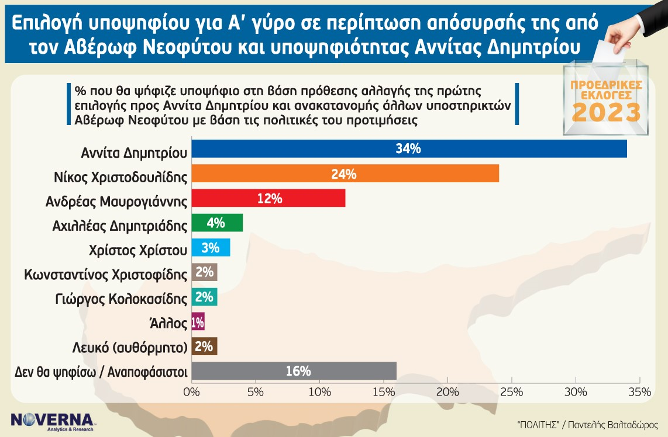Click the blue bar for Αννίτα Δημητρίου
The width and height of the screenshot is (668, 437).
click(x=409, y=148)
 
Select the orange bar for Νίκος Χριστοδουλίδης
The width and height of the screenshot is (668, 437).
click(x=345, y=174)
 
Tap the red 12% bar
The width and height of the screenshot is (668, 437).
click(x=268, y=198)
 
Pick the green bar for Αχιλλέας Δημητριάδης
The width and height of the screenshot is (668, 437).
click(x=217, y=223)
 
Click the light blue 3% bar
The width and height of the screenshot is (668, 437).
click(x=211, y=248)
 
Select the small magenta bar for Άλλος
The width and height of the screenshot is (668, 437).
click(x=198, y=322)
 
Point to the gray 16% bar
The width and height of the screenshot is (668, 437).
click(x=294, y=371)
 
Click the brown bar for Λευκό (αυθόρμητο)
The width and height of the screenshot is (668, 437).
click(x=205, y=346)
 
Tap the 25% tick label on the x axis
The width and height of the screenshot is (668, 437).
click(x=512, y=392)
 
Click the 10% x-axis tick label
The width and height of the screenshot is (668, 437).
click(x=319, y=392)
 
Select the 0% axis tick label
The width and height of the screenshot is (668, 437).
click(x=191, y=392)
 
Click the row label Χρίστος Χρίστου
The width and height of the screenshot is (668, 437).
click(x=137, y=250)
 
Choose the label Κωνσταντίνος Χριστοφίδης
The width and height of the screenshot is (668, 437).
click(x=106, y=275)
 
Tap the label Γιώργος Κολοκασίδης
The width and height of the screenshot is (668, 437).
click(x=122, y=299)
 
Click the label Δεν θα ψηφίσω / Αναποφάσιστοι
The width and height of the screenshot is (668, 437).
click(x=101, y=372)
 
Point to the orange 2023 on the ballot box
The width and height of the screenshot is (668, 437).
click(x=606, y=112)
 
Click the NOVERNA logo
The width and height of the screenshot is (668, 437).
click(x=52, y=421)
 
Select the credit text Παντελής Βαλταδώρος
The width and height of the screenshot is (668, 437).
click(x=613, y=425)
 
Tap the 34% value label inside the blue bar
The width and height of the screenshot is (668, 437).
click(x=408, y=148)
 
